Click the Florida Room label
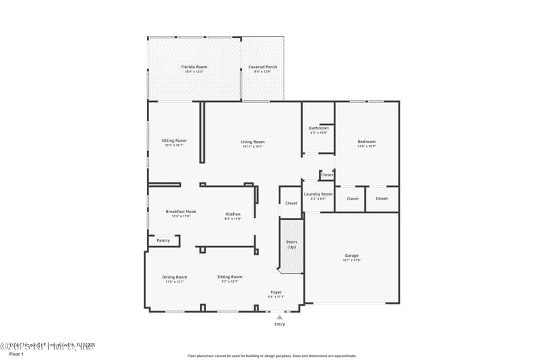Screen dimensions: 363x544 194,67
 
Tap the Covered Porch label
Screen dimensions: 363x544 262,67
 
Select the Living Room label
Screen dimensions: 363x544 252,142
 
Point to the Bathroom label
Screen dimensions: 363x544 318,128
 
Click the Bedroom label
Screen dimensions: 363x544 367,142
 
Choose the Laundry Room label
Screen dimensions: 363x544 318,194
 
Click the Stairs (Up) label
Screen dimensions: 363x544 291,244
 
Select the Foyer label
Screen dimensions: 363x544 276,292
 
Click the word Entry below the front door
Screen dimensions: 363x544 279,324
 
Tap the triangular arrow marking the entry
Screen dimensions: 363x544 279,317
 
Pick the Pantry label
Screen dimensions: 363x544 163,240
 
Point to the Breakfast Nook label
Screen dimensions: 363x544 180,212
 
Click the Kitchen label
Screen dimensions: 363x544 233,214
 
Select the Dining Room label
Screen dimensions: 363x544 175,277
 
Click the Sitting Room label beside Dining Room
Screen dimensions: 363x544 230,277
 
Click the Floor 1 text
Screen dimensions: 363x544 16,354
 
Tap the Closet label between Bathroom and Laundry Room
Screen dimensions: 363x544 327,175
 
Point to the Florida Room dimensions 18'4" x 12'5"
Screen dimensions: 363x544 194,72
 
